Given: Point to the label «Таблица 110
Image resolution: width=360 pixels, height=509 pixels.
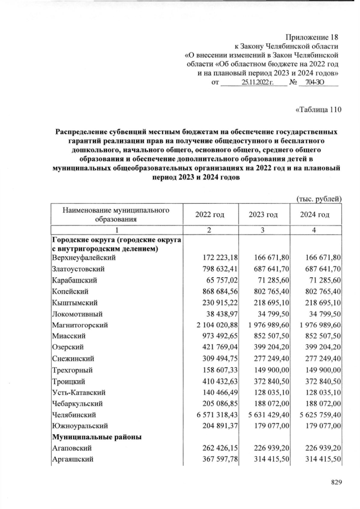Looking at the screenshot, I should (318, 109).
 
